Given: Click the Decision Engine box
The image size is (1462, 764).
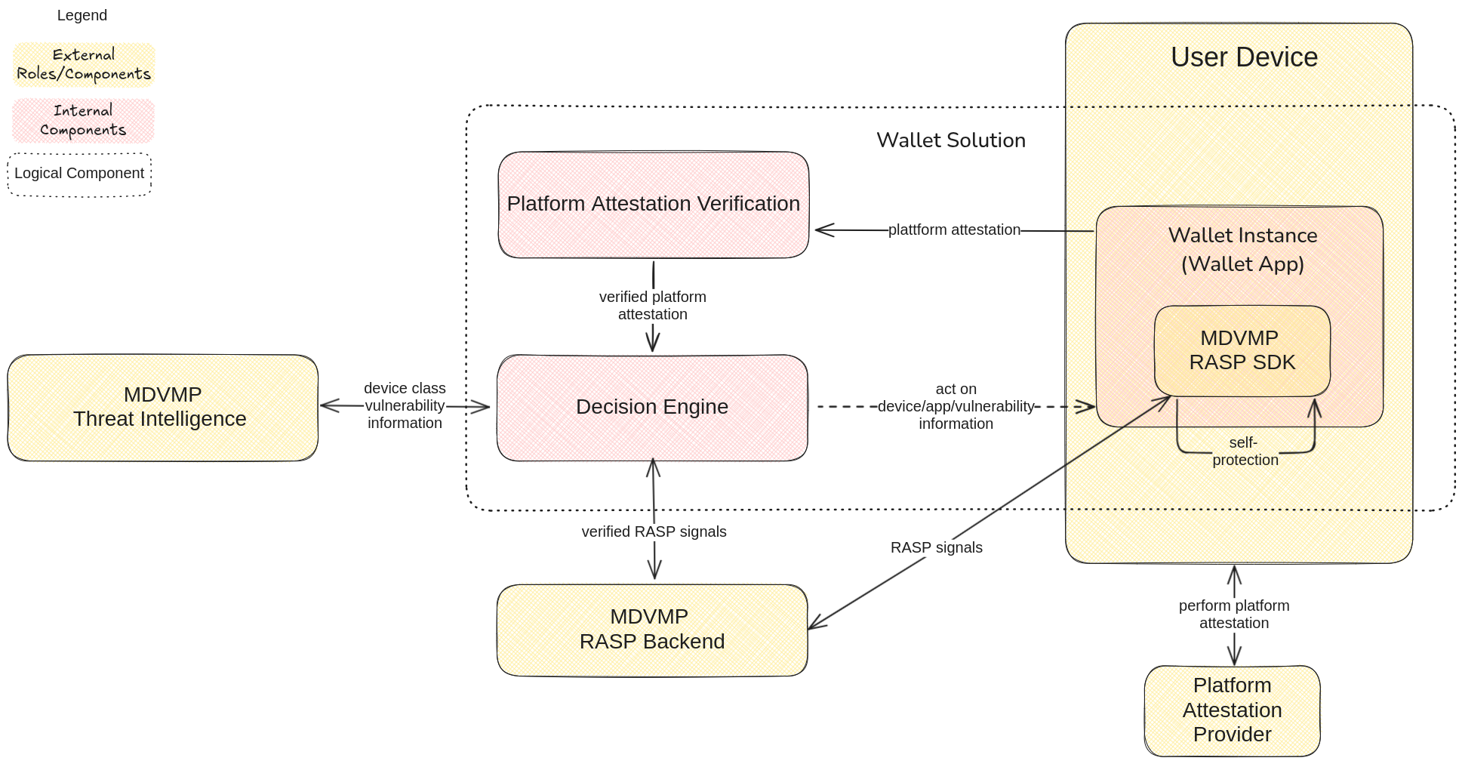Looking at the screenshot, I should (x=652, y=407).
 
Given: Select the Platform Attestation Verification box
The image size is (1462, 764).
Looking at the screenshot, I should (x=653, y=204).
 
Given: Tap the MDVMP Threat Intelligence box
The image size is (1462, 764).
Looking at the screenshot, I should (x=162, y=407).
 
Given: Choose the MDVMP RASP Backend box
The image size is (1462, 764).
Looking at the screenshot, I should (x=652, y=629).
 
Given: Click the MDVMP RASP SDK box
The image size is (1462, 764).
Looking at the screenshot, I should (x=1242, y=350).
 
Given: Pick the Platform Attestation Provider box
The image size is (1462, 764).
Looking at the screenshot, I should (x=1232, y=710).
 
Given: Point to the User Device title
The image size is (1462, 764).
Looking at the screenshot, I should (x=1244, y=57).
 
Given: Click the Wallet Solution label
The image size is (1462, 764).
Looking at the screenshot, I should (x=950, y=140).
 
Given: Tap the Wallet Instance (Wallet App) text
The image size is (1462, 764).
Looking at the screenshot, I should (x=1242, y=249).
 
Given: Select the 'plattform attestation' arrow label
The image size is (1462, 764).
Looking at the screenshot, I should (x=954, y=230).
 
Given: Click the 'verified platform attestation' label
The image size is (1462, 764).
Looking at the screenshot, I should (x=653, y=306).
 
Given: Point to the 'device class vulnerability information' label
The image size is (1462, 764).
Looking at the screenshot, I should (x=405, y=405).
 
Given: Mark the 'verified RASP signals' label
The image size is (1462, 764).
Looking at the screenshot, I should (x=654, y=531).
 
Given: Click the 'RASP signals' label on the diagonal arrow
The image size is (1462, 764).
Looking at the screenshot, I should (x=936, y=547).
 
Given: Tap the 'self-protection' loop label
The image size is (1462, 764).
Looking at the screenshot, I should (x=1245, y=451).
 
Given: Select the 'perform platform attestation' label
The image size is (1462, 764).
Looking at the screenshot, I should (x=1234, y=614).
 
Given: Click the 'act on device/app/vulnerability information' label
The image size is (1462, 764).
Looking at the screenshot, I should (x=956, y=406).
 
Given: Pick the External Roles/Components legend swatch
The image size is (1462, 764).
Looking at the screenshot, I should (x=84, y=65).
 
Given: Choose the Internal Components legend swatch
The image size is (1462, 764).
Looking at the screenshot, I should (x=84, y=121).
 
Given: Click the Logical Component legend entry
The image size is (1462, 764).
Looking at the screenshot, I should (x=79, y=174).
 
